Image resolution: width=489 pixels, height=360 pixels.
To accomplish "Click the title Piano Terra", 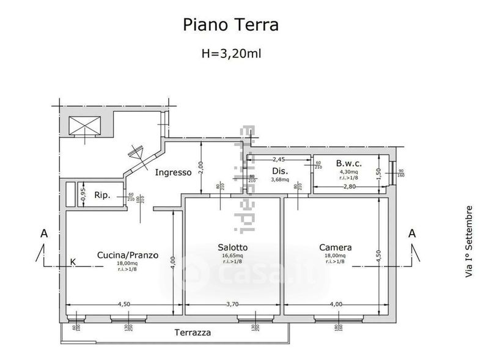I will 231,24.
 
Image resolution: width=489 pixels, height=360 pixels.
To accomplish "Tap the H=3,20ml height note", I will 232,53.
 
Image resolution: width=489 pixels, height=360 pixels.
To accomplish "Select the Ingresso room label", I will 173,172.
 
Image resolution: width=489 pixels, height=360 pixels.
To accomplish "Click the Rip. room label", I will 101,196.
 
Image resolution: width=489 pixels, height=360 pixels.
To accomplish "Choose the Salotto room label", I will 232,247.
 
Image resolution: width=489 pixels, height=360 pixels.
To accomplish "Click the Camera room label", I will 336,247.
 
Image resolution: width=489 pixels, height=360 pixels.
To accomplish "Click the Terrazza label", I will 193,333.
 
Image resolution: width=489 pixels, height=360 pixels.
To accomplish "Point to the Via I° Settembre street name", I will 469,242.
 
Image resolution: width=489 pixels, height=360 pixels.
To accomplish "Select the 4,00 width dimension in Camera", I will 336,303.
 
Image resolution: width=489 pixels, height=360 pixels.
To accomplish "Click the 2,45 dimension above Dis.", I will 279,160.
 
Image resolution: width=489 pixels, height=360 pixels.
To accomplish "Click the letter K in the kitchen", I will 73,262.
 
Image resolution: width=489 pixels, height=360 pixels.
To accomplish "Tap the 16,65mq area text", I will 232,255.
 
